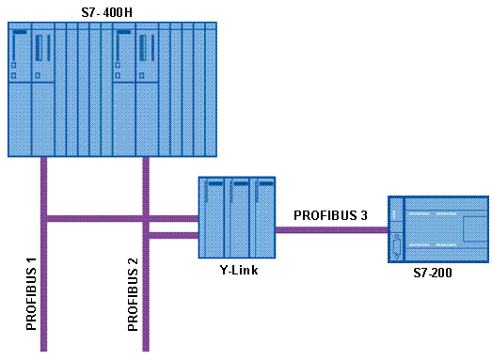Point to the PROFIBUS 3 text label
(330, 216)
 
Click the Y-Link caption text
(236, 271)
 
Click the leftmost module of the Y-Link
(211, 217)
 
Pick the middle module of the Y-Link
(236, 217)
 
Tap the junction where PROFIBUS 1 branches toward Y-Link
(44, 220)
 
